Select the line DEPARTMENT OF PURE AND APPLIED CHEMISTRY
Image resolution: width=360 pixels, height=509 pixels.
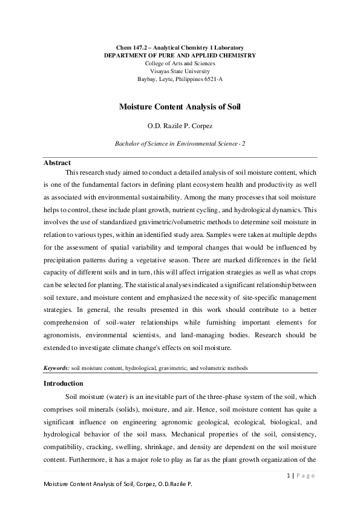(x=180, y=55)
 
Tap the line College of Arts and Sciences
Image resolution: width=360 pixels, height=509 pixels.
(x=180, y=63)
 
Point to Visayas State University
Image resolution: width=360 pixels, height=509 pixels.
(x=180, y=71)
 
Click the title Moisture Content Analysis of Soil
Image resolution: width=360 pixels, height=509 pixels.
(x=180, y=106)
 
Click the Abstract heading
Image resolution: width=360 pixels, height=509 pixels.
(x=57, y=163)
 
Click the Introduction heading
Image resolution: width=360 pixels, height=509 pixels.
(x=64, y=383)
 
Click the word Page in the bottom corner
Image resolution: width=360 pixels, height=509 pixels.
(x=305, y=475)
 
